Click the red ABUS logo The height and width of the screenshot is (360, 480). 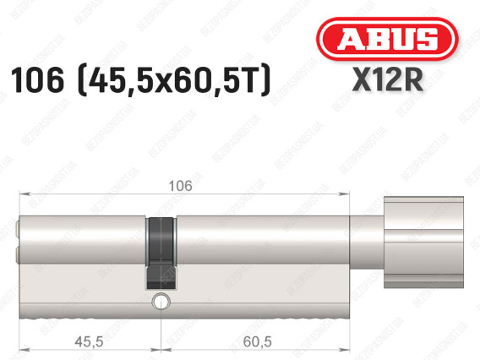click(387, 39)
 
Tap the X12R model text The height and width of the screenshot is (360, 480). click(388, 80)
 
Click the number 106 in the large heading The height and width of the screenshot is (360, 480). click(37, 80)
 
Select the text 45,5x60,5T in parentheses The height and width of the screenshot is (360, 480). click(174, 80)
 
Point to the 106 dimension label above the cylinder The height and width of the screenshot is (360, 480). click(181, 186)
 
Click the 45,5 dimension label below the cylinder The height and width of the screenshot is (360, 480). click(89, 341)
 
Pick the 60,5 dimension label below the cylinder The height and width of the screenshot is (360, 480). click(257, 341)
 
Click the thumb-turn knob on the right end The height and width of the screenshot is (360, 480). click(423, 243)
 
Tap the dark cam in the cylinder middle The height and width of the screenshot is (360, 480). click(161, 254)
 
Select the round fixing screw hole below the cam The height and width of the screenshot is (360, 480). click(161, 302)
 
